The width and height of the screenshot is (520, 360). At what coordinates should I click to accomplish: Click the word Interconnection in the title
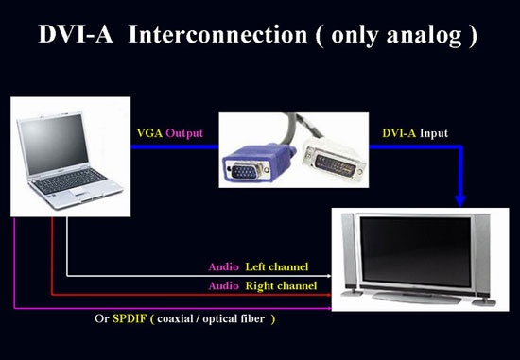pyautogui.click(x=217, y=34)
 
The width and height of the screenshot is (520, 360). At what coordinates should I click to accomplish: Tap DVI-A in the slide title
pyautogui.click(x=76, y=34)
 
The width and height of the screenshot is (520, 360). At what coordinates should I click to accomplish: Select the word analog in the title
pyautogui.click(x=425, y=36)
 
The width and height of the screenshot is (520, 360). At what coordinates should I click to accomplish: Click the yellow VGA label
pyautogui.click(x=149, y=133)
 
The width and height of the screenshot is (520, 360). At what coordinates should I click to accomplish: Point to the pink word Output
pyautogui.click(x=184, y=133)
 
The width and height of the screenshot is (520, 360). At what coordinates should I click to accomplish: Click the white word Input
pyautogui.click(x=434, y=133)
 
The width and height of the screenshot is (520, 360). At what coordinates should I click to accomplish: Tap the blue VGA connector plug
pyautogui.click(x=258, y=163)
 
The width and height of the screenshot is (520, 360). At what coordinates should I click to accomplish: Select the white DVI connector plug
pyautogui.click(x=334, y=159)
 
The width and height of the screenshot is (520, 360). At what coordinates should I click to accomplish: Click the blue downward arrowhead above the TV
pyautogui.click(x=460, y=201)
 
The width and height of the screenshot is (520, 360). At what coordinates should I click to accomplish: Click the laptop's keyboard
pyautogui.click(x=70, y=181)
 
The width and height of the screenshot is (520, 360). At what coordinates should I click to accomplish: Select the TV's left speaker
pyautogui.click(x=350, y=252)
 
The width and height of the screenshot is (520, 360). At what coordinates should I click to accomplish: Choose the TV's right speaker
pyautogui.click(x=482, y=256)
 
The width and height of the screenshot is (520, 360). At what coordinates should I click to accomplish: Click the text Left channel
pyautogui.click(x=277, y=266)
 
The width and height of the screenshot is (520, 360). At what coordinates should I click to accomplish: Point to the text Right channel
pyautogui.click(x=281, y=286)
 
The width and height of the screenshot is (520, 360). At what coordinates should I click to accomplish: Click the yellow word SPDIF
pyautogui.click(x=130, y=318)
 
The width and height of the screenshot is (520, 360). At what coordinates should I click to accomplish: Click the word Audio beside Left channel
pyautogui.click(x=223, y=266)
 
